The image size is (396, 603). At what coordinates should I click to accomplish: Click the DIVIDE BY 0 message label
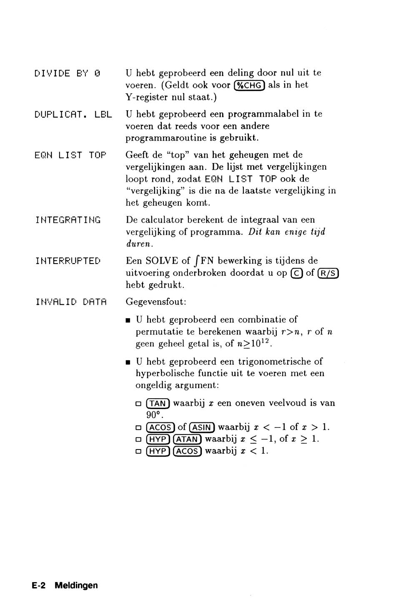pos(68,74)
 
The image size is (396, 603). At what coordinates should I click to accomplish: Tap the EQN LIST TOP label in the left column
pos(70,156)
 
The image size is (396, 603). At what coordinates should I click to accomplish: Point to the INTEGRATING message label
pos(68,220)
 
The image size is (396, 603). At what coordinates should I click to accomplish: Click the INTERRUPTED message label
pos(68,261)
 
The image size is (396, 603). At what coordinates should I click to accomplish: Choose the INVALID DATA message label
pos(71,302)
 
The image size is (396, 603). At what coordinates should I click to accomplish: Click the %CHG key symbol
pos(249,85)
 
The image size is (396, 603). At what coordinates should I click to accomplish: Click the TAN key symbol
pos(158,404)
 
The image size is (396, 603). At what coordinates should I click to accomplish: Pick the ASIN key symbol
pos(202,427)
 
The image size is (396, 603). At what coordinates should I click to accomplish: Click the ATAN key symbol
pos(187,439)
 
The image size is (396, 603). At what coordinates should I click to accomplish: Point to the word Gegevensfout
pos(156,302)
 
